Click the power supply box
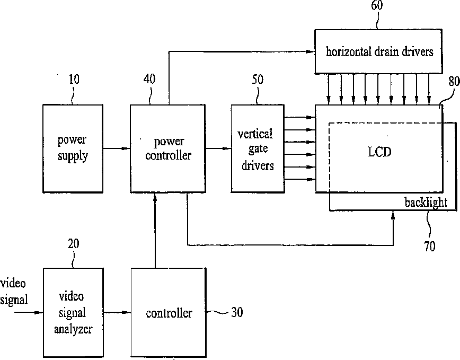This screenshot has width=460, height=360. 72,148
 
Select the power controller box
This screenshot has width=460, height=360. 167,148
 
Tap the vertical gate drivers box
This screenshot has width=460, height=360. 258,148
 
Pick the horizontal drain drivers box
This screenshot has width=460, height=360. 379,51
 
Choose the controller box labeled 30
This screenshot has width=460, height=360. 169,312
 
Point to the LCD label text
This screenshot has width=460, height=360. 379,152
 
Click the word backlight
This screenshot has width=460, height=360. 426,202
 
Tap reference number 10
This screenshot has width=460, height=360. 74,80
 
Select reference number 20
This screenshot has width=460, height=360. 74,243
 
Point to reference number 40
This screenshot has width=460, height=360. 149,80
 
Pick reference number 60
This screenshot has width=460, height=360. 377,6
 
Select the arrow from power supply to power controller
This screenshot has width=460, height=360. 116,148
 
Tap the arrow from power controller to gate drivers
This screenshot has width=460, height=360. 218,148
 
